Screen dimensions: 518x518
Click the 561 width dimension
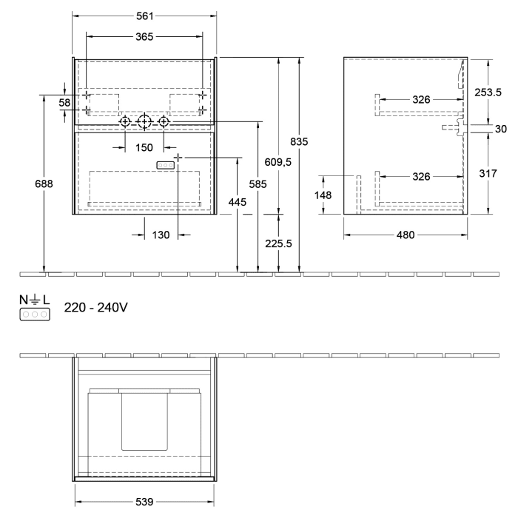coord(144,16)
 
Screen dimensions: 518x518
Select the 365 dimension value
coord(144,37)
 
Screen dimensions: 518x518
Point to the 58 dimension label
coord(64,103)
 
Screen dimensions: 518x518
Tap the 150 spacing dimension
coord(144,147)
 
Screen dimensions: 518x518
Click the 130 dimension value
coord(161,235)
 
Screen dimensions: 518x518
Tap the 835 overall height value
coord(299,141)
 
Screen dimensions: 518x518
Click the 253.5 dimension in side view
coord(488,92)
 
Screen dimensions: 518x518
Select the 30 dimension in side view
coord(500,129)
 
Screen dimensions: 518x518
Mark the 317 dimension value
coord(488,174)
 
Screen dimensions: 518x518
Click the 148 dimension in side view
coord(323,195)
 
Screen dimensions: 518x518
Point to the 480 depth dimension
coord(406,235)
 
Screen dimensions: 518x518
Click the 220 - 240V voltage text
coord(97,307)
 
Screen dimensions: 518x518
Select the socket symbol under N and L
coord(35,314)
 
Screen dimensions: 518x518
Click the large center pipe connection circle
coord(144,121)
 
